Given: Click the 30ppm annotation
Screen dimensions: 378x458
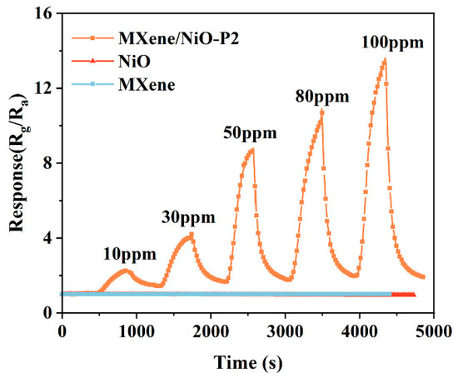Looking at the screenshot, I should tap(187, 218).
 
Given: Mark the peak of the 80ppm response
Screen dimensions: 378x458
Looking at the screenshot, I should tap(321, 111).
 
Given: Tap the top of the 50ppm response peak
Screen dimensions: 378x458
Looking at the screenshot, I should tap(251, 149).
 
